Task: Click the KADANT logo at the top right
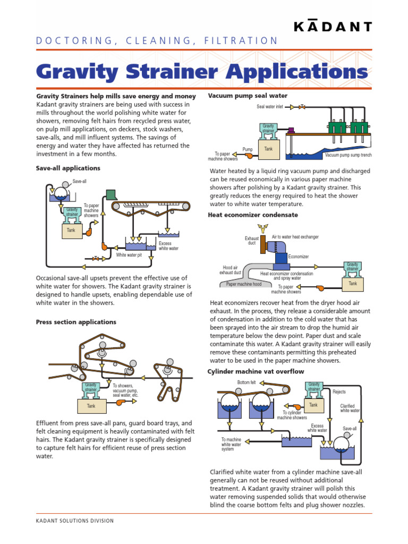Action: click(x=333, y=27)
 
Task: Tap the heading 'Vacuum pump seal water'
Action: click(x=248, y=96)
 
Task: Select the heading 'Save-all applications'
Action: click(x=68, y=168)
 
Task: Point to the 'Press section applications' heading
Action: click(x=76, y=322)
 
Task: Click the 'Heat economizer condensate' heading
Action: click(x=252, y=215)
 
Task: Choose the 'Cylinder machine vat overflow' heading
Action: click(x=256, y=371)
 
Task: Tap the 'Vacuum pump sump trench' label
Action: click(x=349, y=155)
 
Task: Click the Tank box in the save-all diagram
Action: click(x=71, y=231)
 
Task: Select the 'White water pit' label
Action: click(x=129, y=254)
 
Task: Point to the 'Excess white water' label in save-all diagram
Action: click(x=168, y=245)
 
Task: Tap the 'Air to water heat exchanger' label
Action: click(x=295, y=237)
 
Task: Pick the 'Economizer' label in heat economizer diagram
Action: click(x=299, y=257)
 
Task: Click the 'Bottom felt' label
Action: click(x=246, y=382)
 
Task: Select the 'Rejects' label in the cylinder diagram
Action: click(x=339, y=392)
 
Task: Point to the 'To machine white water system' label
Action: click(x=231, y=445)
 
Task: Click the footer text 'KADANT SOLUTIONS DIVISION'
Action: click(x=75, y=521)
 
